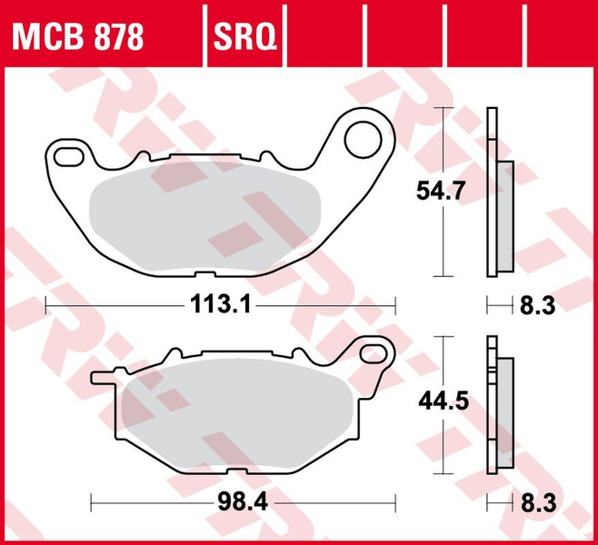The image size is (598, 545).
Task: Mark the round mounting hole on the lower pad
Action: click(372, 352)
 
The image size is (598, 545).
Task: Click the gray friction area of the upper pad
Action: click(204, 209)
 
